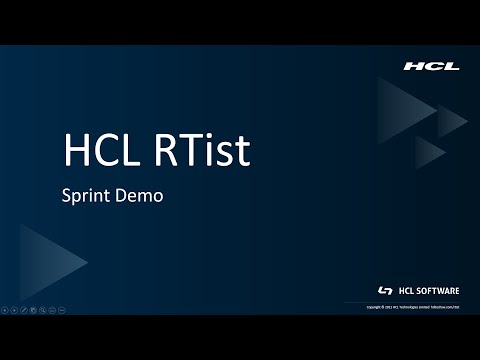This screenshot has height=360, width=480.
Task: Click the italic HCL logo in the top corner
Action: (431, 66)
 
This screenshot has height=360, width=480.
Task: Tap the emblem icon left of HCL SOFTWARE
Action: (386, 290)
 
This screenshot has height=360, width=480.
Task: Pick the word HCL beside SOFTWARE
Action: (406, 290)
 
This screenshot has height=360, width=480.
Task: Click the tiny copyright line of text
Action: (420, 305)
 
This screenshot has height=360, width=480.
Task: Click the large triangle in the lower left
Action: (45, 261)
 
